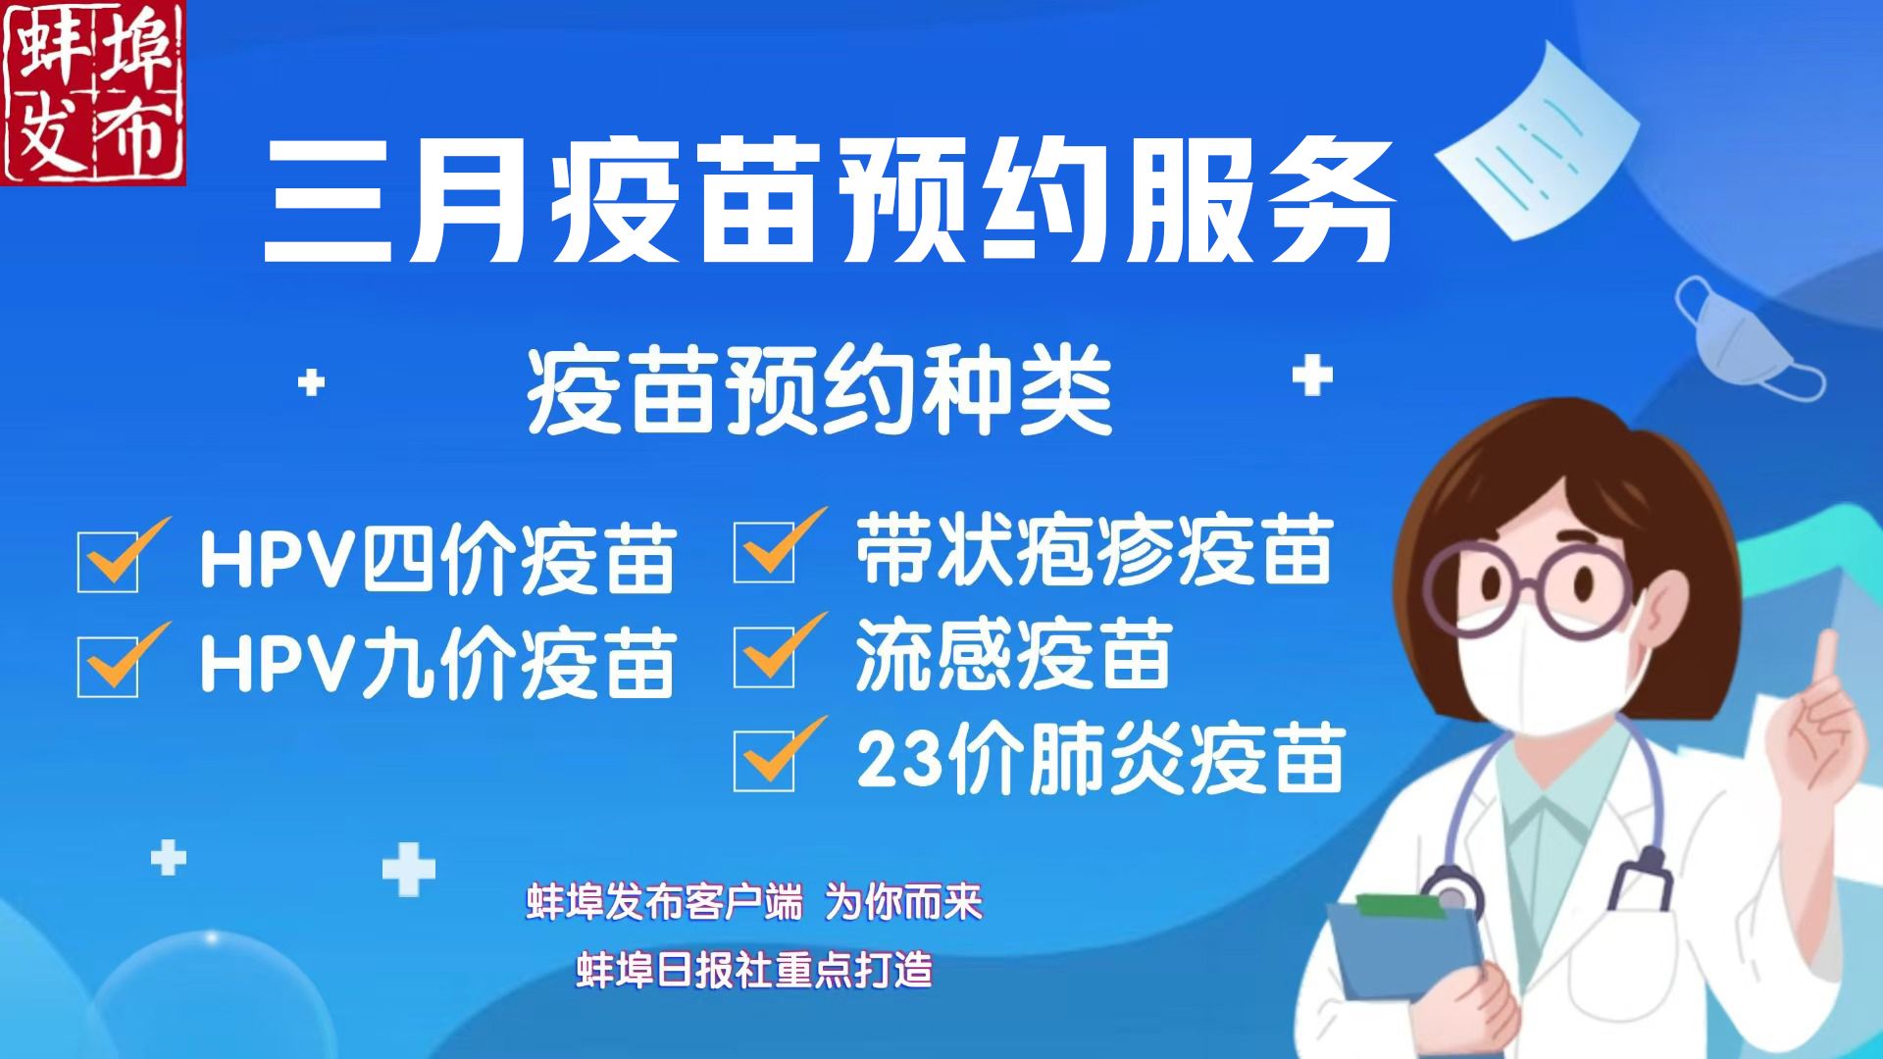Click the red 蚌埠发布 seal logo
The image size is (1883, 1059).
click(x=93, y=93)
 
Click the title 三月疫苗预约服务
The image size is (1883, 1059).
click(x=830, y=202)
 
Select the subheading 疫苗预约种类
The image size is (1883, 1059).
click(x=819, y=392)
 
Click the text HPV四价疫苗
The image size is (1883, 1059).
click(x=437, y=560)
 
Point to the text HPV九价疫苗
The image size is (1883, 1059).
click(x=437, y=664)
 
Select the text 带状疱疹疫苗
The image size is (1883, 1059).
click(x=1094, y=550)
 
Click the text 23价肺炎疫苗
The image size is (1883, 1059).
click(x=1099, y=759)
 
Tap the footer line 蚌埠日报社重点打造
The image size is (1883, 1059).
click(x=753, y=970)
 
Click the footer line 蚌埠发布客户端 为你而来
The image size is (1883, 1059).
click(x=753, y=902)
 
